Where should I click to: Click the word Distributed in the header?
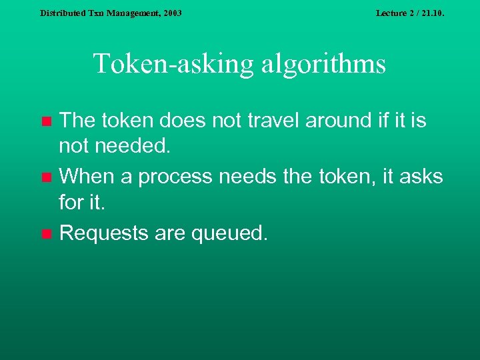click(x=63, y=13)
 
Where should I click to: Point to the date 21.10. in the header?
click(x=430, y=13)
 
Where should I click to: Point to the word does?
click(x=181, y=121)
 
